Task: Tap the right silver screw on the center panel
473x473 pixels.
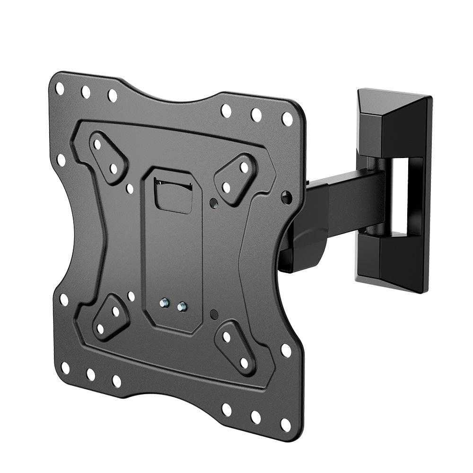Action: [x=181, y=307]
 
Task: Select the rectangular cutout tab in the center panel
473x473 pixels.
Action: [x=174, y=196]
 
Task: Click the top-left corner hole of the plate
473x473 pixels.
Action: [x=60, y=88]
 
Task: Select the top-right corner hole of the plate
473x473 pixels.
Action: [x=287, y=119]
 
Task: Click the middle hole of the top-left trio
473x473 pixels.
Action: [x=86, y=92]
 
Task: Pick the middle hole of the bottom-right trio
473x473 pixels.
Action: [x=256, y=417]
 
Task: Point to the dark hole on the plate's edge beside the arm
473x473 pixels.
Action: [x=286, y=197]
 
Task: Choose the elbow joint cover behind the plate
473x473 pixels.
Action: [x=307, y=241]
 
